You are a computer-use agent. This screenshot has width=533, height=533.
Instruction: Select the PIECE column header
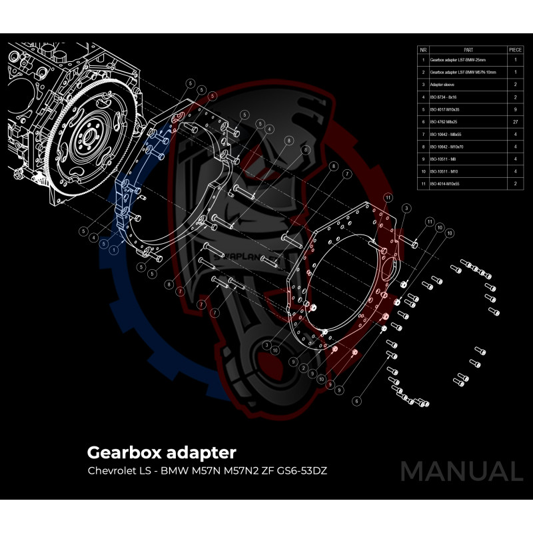515,49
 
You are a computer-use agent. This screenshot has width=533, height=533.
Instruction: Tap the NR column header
423,49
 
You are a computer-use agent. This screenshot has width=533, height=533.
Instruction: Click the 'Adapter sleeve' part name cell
444,84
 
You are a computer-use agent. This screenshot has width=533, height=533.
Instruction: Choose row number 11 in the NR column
423,182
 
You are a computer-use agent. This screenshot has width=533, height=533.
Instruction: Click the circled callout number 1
115,249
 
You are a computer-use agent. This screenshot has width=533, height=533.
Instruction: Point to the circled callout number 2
303,367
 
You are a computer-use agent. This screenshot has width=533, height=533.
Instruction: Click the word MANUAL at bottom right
461,471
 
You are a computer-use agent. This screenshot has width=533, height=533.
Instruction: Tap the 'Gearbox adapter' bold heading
161,452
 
